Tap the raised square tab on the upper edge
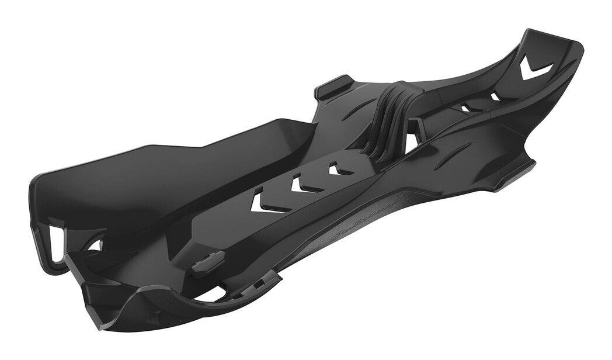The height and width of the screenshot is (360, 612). tap(333, 86)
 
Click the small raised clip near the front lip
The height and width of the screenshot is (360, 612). tap(208, 261)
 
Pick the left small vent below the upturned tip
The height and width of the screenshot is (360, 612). tap(465, 108)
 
